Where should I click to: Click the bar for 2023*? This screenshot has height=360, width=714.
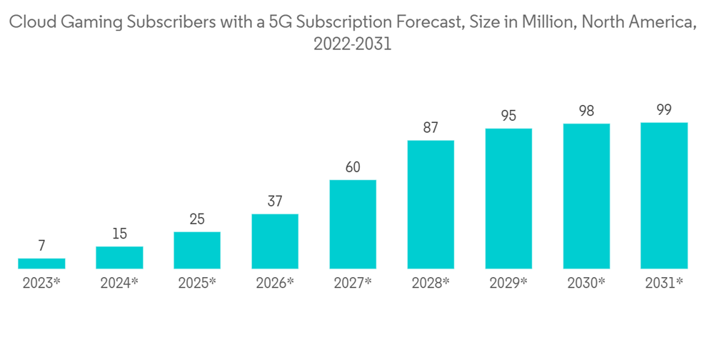pyautogui.click(x=41, y=264)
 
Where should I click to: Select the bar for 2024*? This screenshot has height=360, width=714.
pyautogui.click(x=119, y=257)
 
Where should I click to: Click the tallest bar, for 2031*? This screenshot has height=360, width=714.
pyautogui.click(x=664, y=196)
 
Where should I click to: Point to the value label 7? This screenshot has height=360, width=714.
pyautogui.click(x=41, y=246)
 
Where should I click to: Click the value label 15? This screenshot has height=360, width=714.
pyautogui.click(x=119, y=234)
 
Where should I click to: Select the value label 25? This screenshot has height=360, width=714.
pyautogui.click(x=197, y=219)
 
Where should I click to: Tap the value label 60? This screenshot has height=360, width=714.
pyautogui.click(x=353, y=167)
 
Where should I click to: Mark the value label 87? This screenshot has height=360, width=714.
pyautogui.click(x=431, y=128)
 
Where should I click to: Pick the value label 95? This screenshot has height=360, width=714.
pyautogui.click(x=508, y=116)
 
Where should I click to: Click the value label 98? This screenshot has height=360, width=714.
pyautogui.click(x=586, y=111)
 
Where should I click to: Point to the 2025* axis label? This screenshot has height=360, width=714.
pyautogui.click(x=197, y=283)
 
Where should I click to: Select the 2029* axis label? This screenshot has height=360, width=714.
pyautogui.click(x=508, y=283)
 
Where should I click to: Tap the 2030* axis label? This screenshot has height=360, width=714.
pyautogui.click(x=586, y=283)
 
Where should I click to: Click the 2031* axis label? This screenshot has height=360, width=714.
pyautogui.click(x=664, y=283)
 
